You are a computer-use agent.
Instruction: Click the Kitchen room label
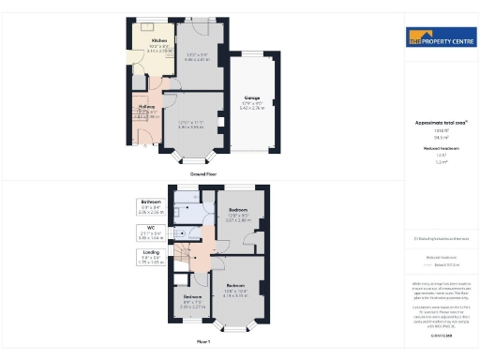[x=159, y=41]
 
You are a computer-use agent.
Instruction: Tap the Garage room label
[x=251, y=97]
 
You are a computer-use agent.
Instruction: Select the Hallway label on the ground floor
[x=147, y=107]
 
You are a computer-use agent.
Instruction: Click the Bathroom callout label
[x=151, y=202]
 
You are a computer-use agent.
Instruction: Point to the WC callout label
[x=151, y=226]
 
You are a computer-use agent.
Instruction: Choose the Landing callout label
[x=151, y=251]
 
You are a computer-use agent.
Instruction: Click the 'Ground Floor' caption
[x=204, y=174]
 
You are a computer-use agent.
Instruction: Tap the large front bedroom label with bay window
[x=235, y=285]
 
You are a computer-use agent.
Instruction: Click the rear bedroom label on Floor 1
[x=239, y=211]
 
